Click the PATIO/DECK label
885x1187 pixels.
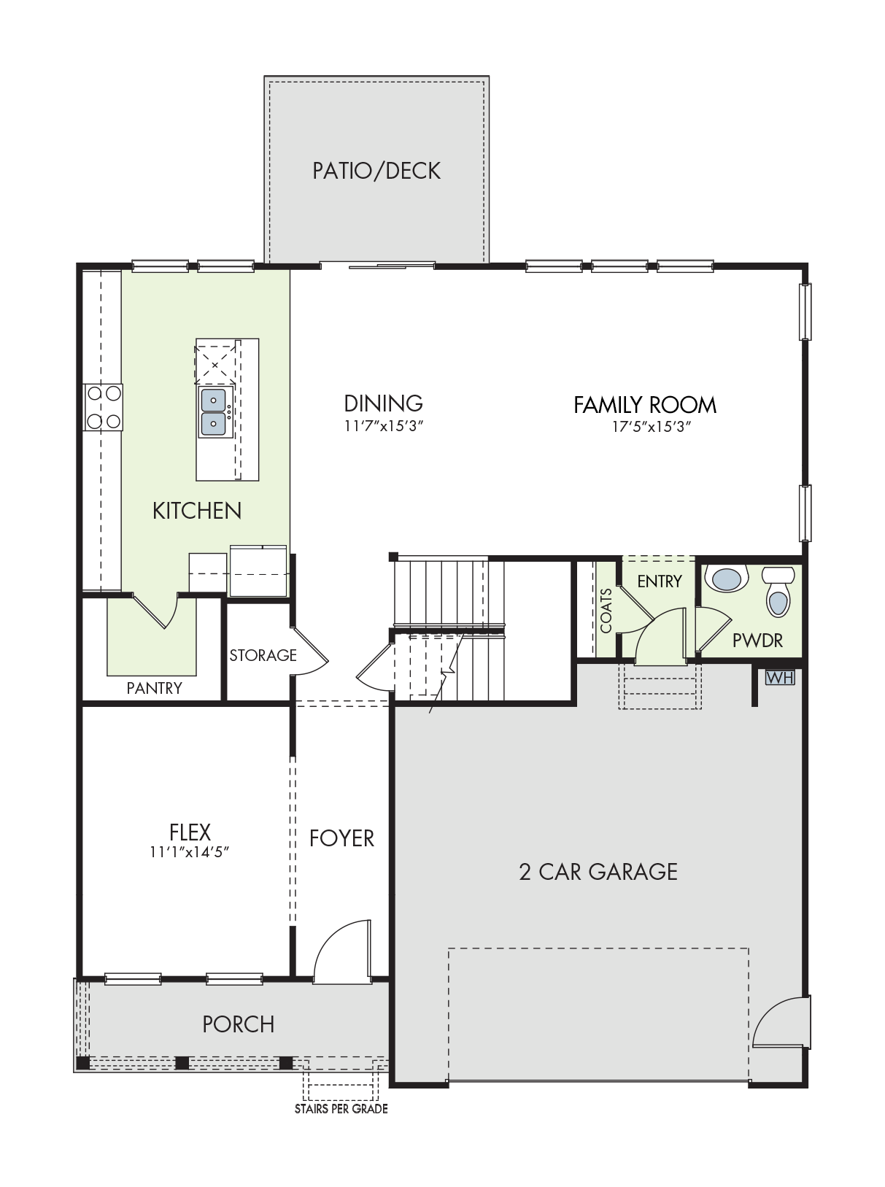click(376, 171)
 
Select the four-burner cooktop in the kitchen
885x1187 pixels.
click(104, 407)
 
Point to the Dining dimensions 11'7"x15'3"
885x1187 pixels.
click(383, 427)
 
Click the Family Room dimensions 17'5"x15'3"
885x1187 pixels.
click(652, 428)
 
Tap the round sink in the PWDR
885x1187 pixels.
click(727, 579)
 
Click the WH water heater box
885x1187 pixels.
click(780, 678)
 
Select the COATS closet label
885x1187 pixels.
click(606, 611)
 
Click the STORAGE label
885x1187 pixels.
click(263, 655)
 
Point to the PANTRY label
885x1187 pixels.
click(154, 688)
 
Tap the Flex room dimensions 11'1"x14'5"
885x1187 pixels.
click(190, 852)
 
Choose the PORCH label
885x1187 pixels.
click(239, 1024)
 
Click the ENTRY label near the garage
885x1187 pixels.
click(659, 581)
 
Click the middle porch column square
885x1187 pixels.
click(182, 1063)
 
